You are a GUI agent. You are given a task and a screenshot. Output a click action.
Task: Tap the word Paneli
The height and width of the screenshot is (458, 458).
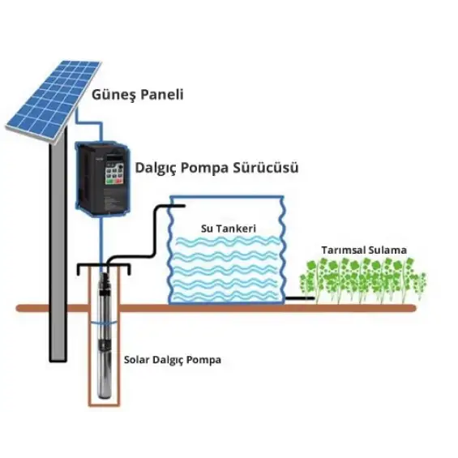pos(160,94)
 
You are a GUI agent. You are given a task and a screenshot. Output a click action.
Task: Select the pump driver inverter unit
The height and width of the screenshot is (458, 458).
pos(101,178)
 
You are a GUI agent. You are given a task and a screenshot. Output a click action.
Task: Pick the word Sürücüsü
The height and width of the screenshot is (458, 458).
pos(268,169)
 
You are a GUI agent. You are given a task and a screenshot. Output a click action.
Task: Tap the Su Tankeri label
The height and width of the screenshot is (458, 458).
pos(228,229)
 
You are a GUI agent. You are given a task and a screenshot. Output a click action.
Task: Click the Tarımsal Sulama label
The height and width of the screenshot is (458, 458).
pos(362,250)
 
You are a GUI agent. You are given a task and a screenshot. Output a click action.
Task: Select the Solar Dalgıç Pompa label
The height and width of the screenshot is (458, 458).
pos(172,359)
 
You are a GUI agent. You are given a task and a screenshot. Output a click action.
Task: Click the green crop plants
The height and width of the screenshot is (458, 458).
pos(362,280)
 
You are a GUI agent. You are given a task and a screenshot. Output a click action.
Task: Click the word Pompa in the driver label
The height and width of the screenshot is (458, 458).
pos(212,169)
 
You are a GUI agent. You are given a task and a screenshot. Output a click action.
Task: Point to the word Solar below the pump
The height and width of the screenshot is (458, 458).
pos(136,359)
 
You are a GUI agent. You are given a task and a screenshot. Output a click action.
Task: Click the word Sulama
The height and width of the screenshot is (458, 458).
pos(387,250)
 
